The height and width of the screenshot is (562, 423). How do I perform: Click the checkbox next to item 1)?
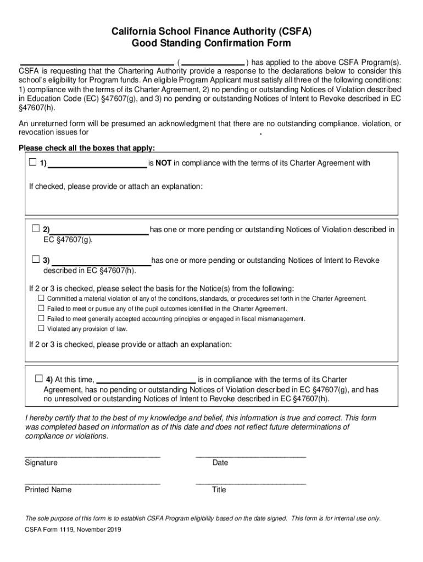point(33,162)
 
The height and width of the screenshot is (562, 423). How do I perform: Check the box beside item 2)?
point(36,228)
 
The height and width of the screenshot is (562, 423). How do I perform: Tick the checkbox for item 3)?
point(36,259)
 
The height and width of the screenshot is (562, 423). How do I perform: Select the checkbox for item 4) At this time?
point(39,379)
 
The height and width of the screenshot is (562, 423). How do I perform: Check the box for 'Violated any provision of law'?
point(41,328)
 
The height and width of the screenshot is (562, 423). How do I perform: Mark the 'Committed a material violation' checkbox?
point(41,298)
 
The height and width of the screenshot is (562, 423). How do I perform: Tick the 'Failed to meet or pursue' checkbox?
point(41,308)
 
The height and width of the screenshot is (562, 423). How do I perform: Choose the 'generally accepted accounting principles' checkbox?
point(41,318)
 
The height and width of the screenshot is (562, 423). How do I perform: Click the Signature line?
point(92,455)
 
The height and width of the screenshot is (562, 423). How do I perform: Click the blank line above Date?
point(251,455)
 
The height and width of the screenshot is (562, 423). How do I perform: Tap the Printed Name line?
point(92,482)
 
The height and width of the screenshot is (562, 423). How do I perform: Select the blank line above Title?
point(251,482)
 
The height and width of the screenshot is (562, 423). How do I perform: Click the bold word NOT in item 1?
point(164,163)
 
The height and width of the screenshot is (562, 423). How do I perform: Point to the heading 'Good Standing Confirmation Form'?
point(211,43)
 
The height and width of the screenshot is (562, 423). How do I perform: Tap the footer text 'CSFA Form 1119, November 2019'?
point(73,530)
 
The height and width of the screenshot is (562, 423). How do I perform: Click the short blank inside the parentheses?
point(213,62)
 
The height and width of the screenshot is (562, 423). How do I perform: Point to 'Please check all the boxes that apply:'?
point(87,148)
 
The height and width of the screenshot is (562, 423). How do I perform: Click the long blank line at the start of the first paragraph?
point(97,62)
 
